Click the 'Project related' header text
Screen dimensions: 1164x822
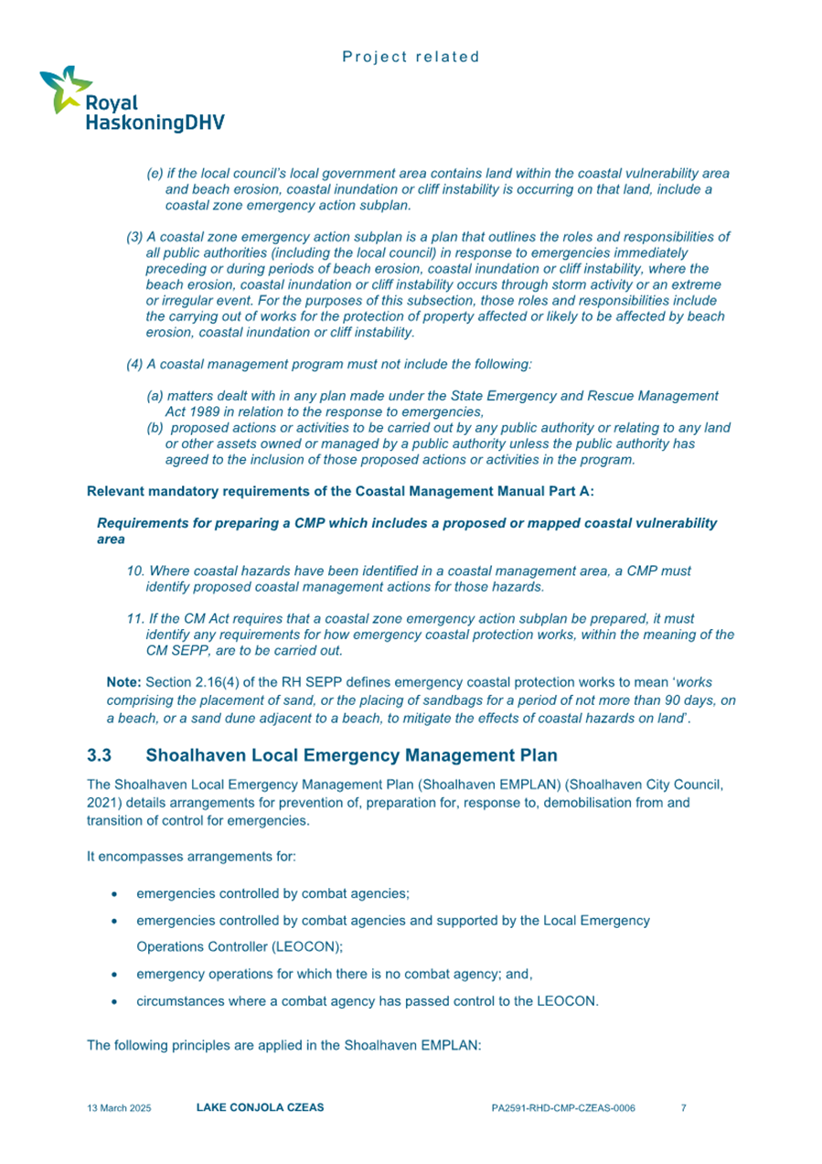tap(411, 57)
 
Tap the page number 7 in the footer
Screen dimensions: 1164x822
tap(684, 1108)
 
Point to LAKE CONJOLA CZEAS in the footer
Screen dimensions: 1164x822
tap(260, 1108)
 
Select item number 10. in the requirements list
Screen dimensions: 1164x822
tap(135, 571)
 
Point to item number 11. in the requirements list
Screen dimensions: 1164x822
tap(135, 620)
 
